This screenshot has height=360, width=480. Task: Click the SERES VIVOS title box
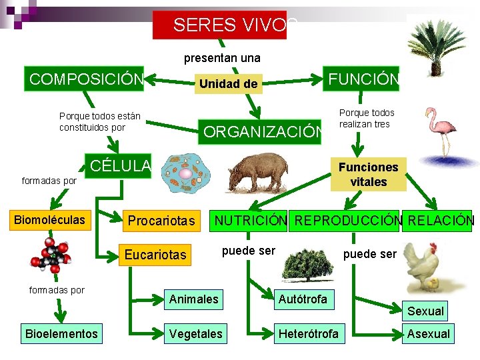[220, 25]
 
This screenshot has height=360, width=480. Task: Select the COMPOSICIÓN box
[85, 79]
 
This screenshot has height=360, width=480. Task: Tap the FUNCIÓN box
[362, 79]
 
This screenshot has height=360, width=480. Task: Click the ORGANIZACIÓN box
[261, 131]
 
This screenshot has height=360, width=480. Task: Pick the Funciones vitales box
[368, 175]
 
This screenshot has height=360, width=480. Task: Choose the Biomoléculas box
[51, 220]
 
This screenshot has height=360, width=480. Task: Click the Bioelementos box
[61, 333]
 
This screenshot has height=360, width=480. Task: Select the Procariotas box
[161, 221]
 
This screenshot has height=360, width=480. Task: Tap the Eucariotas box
[157, 254]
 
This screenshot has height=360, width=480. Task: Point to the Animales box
[193, 299]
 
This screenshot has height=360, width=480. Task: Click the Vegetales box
[196, 333]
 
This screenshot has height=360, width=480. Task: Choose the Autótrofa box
[303, 299]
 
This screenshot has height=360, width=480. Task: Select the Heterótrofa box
[308, 333]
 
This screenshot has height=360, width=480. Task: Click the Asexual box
[428, 333]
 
